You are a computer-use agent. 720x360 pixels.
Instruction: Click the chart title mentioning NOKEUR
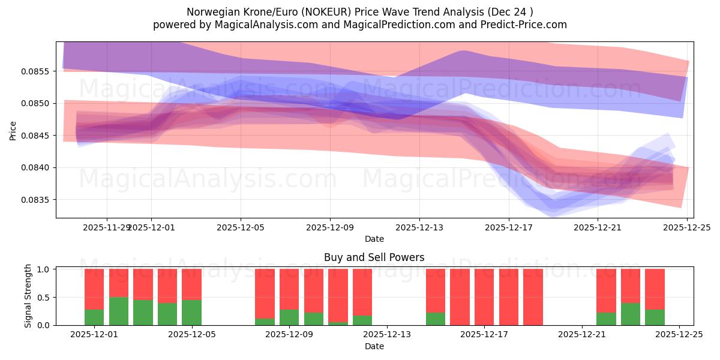coord(360,11)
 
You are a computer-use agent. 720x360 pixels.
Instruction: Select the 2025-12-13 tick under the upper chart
coord(419,227)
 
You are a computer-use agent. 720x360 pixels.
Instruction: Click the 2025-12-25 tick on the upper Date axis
coord(687,227)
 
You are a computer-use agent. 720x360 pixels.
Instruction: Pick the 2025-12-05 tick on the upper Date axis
coord(241,227)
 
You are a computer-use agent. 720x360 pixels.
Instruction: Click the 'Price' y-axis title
coord(13,130)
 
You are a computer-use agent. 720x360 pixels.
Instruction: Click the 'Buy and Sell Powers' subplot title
coord(374,257)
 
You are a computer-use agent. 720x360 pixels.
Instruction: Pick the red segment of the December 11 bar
coord(338,296)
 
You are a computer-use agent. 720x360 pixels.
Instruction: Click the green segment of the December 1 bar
coord(94,317)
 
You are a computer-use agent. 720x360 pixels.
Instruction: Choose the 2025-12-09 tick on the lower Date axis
coord(289,335)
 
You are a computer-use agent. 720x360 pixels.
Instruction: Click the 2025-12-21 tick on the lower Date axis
coord(582,335)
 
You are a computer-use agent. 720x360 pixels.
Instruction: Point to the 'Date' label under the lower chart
coord(374,346)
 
